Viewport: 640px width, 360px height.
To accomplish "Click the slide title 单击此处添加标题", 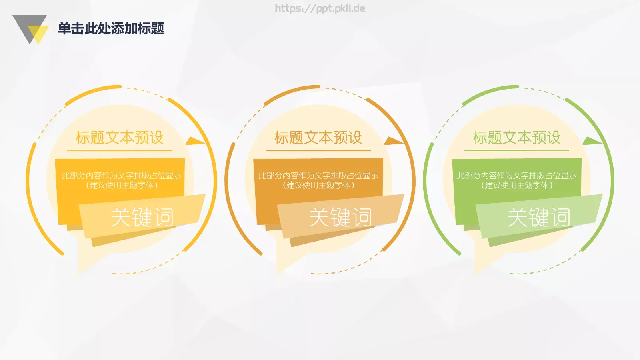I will click(111, 28).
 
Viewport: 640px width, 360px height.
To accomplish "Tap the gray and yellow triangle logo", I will click(30, 29).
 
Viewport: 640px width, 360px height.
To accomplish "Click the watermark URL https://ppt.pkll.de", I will click(320, 8).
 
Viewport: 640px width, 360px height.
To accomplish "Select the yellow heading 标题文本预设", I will click(120, 138).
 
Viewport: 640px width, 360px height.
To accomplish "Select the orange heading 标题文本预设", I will click(318, 138).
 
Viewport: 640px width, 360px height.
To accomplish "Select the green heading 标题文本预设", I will click(517, 138).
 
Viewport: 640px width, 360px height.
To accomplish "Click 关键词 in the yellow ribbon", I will click(142, 217).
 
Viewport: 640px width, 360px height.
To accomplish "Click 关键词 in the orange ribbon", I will click(340, 217).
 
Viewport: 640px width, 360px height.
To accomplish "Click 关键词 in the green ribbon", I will click(539, 217).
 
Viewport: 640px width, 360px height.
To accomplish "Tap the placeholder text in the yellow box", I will click(121, 180).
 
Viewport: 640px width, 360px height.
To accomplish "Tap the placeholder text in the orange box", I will click(318, 180).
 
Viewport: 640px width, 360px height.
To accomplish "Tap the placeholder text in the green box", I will click(517, 180).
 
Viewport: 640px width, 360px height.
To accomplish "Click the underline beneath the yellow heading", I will click(120, 151).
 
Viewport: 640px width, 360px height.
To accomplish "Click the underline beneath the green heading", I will click(517, 151).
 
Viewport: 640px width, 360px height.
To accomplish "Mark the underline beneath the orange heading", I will click(318, 151).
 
